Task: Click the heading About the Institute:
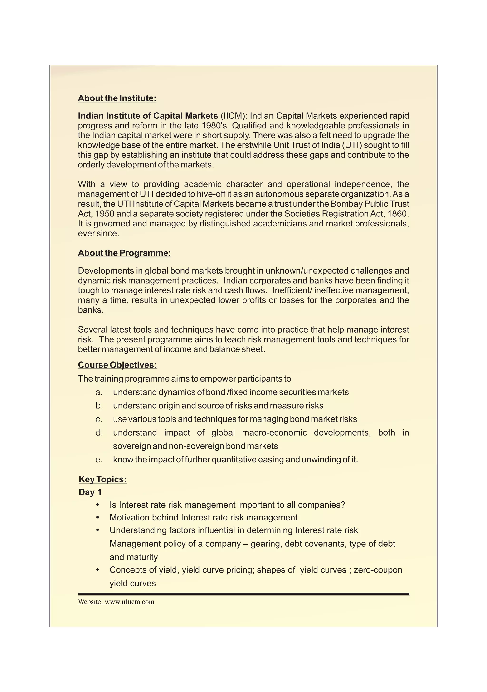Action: pos(117,98)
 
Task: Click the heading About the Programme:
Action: pos(124,253)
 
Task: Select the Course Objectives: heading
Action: pos(117,365)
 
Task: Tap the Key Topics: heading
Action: pos(102,480)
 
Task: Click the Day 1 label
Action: pos(90,492)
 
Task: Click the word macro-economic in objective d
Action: pos(274,433)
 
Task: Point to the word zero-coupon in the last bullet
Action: pos(378,570)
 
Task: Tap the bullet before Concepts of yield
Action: pos(97,570)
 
